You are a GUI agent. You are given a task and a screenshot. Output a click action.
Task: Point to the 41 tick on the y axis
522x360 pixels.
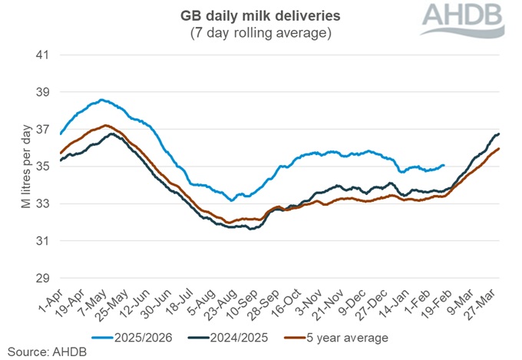[x=43, y=55]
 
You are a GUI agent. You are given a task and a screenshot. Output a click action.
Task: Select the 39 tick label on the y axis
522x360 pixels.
[x=43, y=92]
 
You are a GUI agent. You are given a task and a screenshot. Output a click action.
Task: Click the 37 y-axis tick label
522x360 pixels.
[x=43, y=129]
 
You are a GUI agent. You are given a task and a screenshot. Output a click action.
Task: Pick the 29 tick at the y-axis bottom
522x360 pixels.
[x=43, y=278]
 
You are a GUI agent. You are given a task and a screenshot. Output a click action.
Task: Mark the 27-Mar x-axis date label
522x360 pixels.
[x=492, y=303]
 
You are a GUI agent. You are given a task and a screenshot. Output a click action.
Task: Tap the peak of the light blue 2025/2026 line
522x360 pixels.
[x=101, y=100]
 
